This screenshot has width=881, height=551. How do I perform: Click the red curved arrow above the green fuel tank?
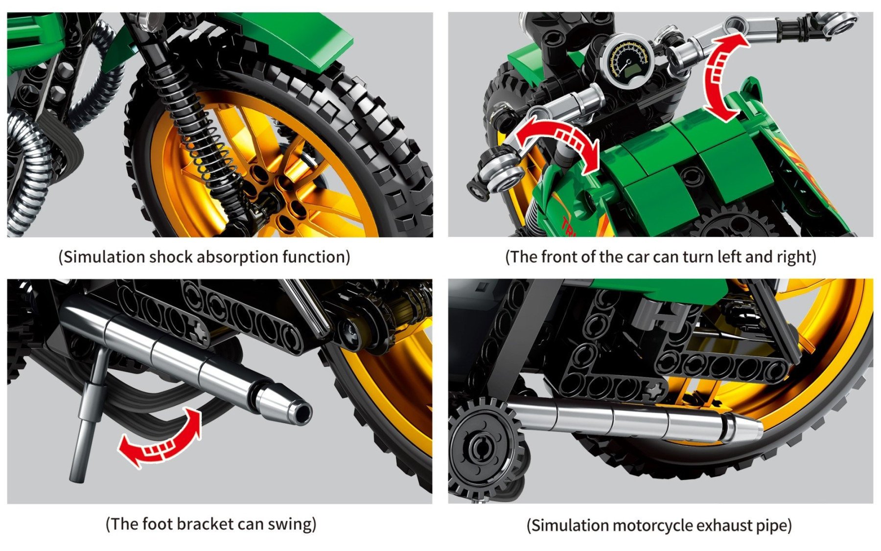point(723,76)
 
